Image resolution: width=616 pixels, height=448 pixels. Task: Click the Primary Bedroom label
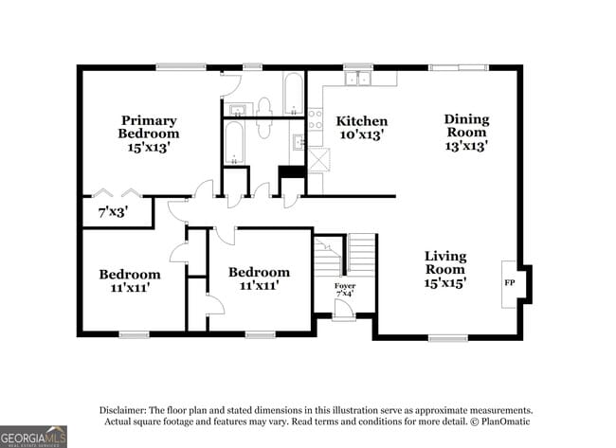point(149,127)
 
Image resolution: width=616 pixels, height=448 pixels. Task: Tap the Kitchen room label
point(362,121)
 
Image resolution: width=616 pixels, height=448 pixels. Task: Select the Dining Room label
point(466,126)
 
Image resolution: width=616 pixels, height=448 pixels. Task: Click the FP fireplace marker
point(509,283)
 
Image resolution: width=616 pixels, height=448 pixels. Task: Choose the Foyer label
point(344,285)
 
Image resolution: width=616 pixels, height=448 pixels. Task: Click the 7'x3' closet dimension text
point(113,213)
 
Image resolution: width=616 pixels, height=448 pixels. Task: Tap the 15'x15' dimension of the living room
point(445,282)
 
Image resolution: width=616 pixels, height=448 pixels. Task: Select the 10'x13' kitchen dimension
point(362,135)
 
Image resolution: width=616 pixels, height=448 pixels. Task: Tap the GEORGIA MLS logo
point(34,437)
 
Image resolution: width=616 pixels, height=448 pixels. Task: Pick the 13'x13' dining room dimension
point(466,147)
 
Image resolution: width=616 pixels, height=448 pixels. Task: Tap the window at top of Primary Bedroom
point(181,66)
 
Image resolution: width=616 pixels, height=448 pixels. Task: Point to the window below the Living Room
point(447,337)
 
